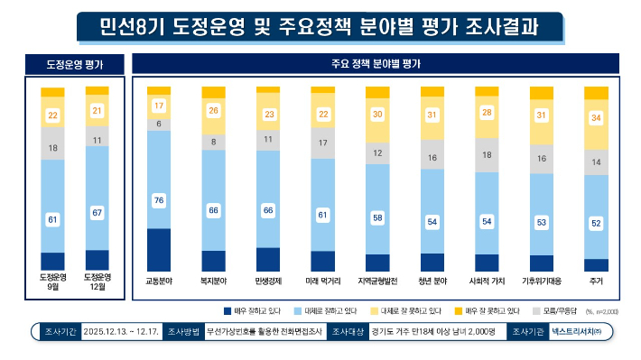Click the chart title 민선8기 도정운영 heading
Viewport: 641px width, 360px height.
320,26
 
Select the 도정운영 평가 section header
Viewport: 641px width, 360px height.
75,65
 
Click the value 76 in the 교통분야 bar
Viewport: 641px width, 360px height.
159,199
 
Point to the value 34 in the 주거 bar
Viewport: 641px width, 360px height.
597,118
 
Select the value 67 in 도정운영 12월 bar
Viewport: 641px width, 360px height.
97,212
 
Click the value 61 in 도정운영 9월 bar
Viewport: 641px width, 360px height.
53,219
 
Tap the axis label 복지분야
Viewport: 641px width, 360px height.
214,281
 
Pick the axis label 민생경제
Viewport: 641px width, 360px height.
268,281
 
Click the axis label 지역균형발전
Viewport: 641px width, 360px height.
377,281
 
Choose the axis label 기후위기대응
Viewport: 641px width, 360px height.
542,281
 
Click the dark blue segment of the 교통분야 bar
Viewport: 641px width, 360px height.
159,250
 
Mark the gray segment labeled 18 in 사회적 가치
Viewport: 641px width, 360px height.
487,155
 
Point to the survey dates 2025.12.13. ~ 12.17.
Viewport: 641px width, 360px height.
120,332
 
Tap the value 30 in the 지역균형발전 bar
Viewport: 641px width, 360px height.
377,115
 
